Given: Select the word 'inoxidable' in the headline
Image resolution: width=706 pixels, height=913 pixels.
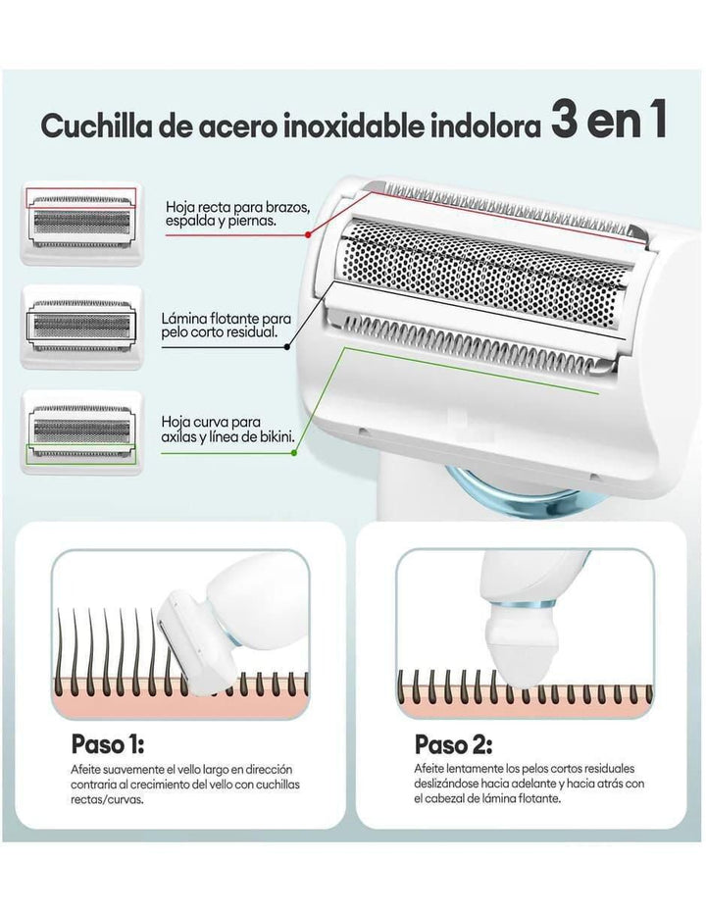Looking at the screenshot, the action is (x=355, y=127).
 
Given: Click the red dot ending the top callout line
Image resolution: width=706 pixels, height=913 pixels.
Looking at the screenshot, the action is (x=307, y=234).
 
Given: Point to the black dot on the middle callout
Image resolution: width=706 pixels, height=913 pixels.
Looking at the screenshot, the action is (x=287, y=347).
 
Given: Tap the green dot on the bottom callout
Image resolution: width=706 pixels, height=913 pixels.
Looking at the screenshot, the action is (x=294, y=452).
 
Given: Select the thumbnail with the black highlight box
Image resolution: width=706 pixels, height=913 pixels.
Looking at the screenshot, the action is (x=81, y=327).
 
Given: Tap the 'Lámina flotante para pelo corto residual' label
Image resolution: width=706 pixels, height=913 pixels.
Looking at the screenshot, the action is (x=226, y=326).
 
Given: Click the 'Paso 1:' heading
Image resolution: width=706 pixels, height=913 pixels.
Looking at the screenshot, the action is (x=108, y=743).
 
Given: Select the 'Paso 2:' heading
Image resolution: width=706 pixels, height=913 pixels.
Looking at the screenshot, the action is (x=453, y=744).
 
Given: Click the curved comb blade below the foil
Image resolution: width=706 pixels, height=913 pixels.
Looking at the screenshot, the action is (x=472, y=342).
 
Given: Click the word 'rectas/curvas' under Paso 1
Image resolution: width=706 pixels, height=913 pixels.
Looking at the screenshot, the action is (x=107, y=799).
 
